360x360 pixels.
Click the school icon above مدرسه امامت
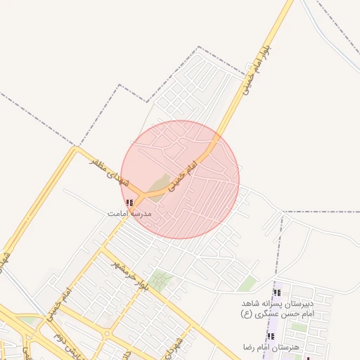[x=129, y=202]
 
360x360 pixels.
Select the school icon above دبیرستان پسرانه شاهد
[x=277, y=292]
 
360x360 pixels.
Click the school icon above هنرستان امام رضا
[x=271, y=337]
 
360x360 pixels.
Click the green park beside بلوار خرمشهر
[x=161, y=281]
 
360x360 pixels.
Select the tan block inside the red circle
[x=160, y=184]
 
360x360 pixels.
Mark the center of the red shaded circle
[x=180, y=179]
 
